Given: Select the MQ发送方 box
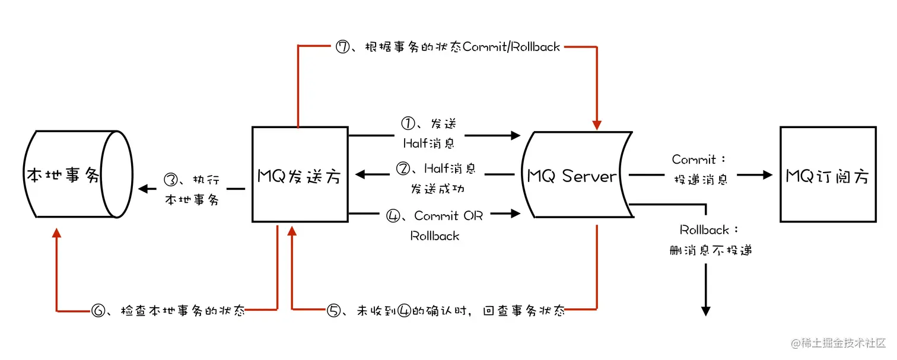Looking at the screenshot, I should tap(300, 174).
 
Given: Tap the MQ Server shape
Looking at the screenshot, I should tap(572, 176).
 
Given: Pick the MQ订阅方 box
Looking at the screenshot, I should tap(828, 174).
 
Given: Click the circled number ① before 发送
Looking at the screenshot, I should tap(407, 125).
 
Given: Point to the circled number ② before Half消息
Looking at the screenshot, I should tap(403, 169).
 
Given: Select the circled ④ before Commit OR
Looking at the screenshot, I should tap(393, 216).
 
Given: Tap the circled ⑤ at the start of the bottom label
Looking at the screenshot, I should tap(334, 310).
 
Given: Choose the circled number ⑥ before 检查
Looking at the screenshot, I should tap(98, 310).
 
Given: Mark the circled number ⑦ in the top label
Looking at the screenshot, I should tap(343, 47).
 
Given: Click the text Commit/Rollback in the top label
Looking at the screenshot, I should tap(511, 47).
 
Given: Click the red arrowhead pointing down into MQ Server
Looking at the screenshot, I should tap(596, 124).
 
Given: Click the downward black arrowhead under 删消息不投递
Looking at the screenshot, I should tap(706, 310).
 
